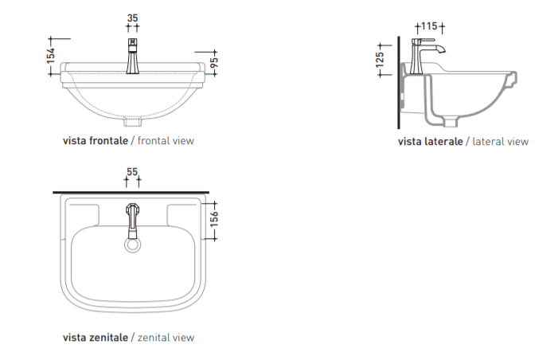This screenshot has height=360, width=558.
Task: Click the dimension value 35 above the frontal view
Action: coord(132,18)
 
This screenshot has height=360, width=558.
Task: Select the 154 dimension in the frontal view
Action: coord(50,55)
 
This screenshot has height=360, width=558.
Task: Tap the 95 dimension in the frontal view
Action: coord(214,63)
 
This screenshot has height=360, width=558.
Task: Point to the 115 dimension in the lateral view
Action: coord(429,26)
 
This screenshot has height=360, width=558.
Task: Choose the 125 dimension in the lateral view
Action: coord(380,60)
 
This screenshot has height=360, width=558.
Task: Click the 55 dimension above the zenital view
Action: coord(132,171)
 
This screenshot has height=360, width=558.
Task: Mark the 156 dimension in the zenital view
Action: coord(214,219)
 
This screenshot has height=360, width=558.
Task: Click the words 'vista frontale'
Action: coord(96,141)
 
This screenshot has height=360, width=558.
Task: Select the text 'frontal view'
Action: coord(166,141)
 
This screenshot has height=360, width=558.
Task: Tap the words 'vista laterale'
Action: coord(431,141)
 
